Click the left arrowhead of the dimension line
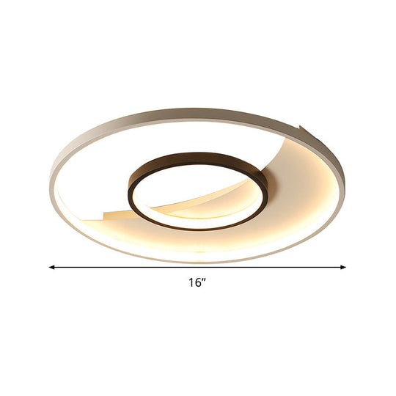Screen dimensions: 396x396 (x=51, y=267)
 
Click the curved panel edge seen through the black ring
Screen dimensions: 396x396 (x=213, y=194)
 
